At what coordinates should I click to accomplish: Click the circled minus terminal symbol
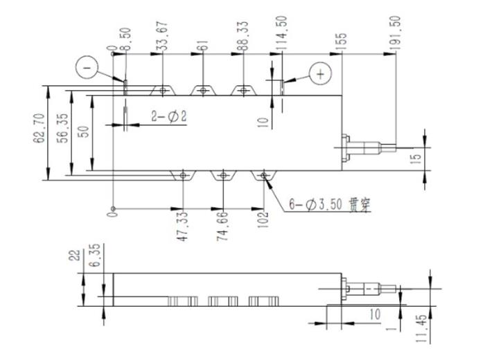[87, 67]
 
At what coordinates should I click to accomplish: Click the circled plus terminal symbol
[320, 74]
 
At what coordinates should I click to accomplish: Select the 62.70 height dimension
[39, 128]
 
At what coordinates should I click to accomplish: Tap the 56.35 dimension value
[63, 128]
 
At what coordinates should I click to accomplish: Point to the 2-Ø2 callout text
[169, 117]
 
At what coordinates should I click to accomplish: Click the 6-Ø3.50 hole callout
[330, 204]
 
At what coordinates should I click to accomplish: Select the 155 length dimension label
[341, 42]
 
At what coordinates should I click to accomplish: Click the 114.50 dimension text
[281, 34]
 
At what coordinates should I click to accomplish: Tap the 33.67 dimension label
[161, 36]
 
